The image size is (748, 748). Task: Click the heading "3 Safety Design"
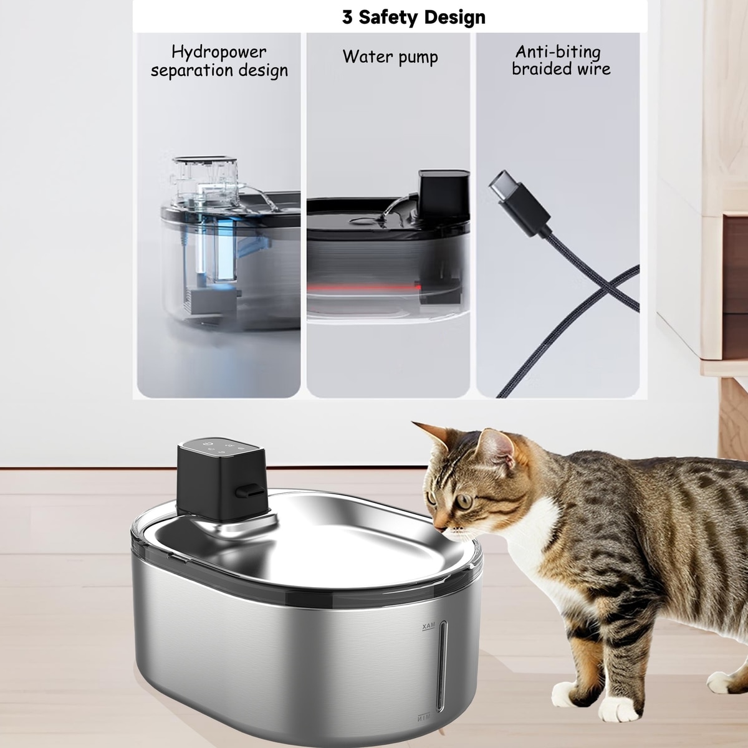413,17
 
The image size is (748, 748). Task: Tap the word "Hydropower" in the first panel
219,52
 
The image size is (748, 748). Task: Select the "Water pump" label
390,57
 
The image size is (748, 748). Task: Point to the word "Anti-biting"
558,52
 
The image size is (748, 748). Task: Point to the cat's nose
439,529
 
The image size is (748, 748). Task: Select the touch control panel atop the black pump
221,449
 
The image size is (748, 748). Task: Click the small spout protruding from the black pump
249,491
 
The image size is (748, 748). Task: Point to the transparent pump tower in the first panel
205,183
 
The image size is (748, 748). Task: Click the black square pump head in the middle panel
443,194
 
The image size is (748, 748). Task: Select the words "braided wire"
561,69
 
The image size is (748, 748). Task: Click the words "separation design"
219,71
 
